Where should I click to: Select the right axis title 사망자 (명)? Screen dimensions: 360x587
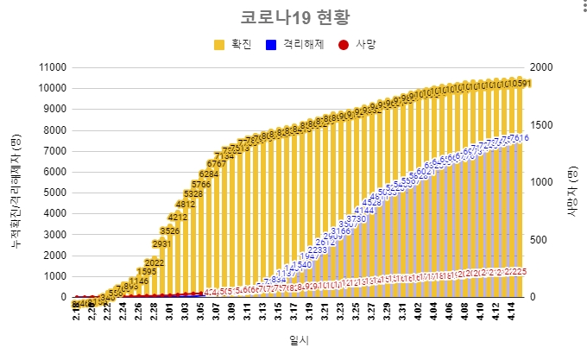(572, 182)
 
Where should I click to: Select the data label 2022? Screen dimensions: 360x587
(155, 262)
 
